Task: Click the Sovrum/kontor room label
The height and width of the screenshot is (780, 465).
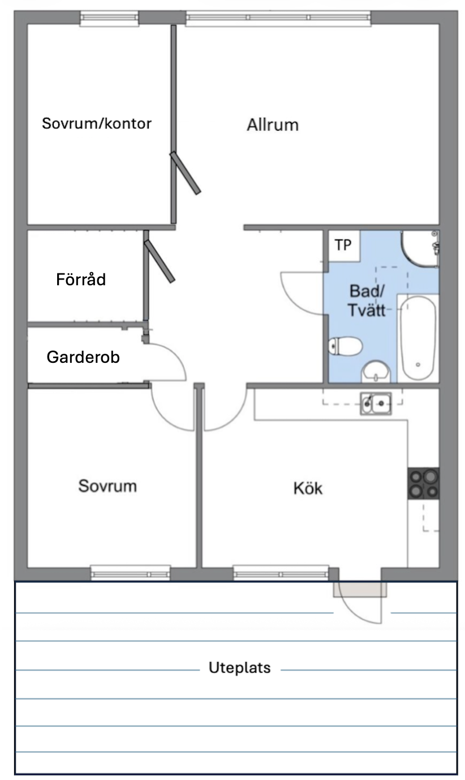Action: pyautogui.click(x=97, y=123)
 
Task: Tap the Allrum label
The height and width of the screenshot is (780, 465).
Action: pyautogui.click(x=273, y=125)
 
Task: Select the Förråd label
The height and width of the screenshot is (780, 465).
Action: pyautogui.click(x=81, y=279)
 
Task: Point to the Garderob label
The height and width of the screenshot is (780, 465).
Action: pyautogui.click(x=83, y=357)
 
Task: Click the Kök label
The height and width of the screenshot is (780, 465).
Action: pyautogui.click(x=308, y=488)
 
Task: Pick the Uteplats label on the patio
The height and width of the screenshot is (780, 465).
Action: pyautogui.click(x=239, y=667)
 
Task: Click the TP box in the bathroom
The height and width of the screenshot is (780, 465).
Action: pyautogui.click(x=344, y=246)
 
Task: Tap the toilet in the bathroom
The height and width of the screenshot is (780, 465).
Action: pyautogui.click(x=345, y=346)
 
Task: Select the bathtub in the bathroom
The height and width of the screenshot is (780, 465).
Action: pyautogui.click(x=417, y=338)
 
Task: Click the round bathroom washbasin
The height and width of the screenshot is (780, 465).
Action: pyautogui.click(x=375, y=371)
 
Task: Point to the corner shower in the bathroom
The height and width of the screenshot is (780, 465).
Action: pyautogui.click(x=420, y=248)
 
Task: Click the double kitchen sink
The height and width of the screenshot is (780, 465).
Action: pyautogui.click(x=376, y=404)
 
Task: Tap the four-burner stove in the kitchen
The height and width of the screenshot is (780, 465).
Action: pyautogui.click(x=424, y=483)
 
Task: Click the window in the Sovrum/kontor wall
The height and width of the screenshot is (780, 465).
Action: pyautogui.click(x=109, y=18)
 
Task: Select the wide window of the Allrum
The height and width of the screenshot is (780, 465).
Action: pyautogui.click(x=278, y=18)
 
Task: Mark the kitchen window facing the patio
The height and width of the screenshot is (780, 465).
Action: pyautogui.click(x=281, y=573)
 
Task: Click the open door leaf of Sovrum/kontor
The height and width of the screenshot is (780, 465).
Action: pyautogui.click(x=185, y=173)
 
